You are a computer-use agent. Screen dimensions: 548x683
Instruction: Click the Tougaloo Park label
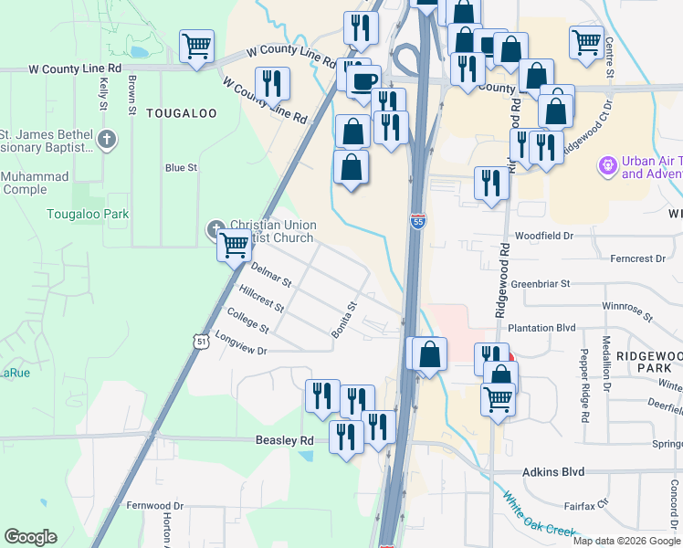point(88,214)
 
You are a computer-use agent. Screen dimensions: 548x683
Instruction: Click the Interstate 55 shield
point(417,222)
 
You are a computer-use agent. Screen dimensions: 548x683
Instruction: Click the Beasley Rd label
point(283,440)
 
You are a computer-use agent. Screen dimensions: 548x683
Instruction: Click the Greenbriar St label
point(541,283)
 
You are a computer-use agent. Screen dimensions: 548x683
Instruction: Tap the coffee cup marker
point(364,80)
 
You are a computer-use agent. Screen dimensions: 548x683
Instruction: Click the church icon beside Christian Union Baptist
point(216,228)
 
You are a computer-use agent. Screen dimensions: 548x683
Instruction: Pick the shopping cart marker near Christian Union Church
point(235,244)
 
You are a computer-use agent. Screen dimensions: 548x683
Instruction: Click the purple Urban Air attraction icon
point(605,166)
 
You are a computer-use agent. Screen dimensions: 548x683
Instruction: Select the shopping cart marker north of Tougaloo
point(197,45)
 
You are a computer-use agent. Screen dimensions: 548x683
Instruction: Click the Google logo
point(30,537)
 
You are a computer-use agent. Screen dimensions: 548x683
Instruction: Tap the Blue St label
point(181,168)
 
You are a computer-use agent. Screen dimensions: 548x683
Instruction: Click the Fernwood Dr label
point(155,505)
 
